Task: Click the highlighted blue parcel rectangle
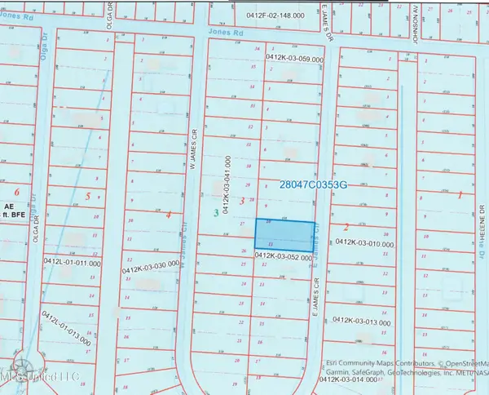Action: pos(285,235)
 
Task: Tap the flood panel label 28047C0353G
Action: pos(313,185)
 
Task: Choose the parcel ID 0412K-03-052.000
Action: pos(284,255)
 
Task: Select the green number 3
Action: pos(215,213)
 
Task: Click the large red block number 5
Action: pos(86,196)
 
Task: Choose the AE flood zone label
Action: pos(10,206)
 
